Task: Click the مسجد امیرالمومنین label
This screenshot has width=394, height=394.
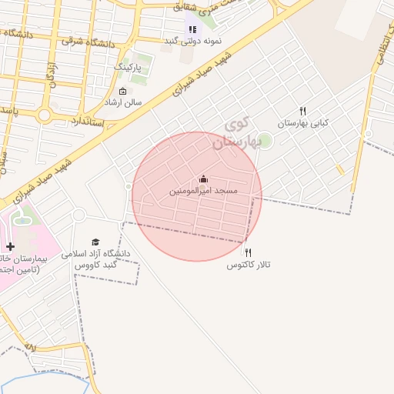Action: click(203, 190)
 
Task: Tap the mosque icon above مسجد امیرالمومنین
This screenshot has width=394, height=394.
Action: click(203, 179)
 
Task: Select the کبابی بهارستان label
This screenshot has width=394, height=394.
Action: click(302, 122)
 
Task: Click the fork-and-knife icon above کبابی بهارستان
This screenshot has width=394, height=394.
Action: click(302, 112)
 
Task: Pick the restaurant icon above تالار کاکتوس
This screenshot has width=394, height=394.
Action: click(248, 252)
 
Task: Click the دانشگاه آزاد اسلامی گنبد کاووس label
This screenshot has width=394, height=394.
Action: click(101, 259)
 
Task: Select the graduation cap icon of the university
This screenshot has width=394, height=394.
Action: click(95, 242)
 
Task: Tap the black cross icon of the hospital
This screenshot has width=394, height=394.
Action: click(9, 247)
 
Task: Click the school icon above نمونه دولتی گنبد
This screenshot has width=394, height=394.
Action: click(192, 29)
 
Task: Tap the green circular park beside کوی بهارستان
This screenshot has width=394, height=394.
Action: click(265, 141)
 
